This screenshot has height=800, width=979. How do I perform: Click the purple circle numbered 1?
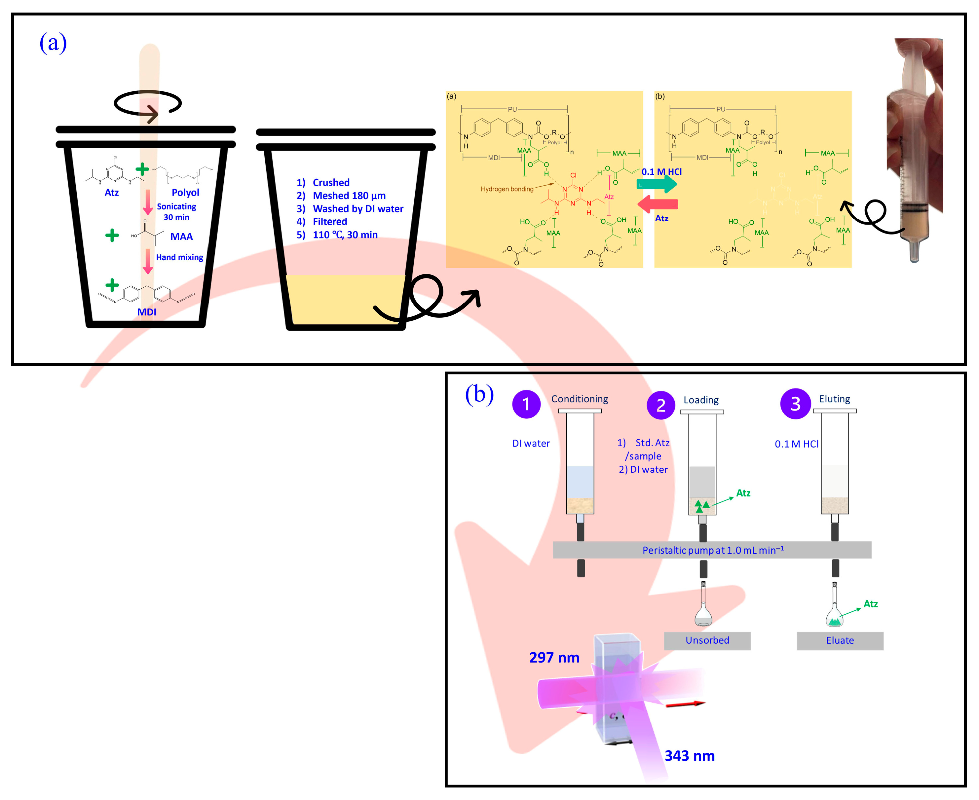[526, 404]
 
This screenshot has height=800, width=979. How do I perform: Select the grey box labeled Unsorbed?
[707, 640]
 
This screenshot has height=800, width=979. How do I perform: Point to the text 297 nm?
[554, 657]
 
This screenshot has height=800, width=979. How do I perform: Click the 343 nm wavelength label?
[689, 756]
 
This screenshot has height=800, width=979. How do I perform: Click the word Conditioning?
[580, 399]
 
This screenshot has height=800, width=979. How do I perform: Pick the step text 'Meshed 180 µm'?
[349, 196]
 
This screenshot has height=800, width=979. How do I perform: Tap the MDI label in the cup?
[147, 312]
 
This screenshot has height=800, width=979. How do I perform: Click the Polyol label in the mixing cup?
[185, 192]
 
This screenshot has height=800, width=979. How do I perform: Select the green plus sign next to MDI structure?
[112, 285]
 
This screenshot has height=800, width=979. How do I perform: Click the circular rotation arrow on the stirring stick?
[147, 104]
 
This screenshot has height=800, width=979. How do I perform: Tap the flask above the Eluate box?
[834, 608]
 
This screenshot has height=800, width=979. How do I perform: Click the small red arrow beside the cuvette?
[685, 704]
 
